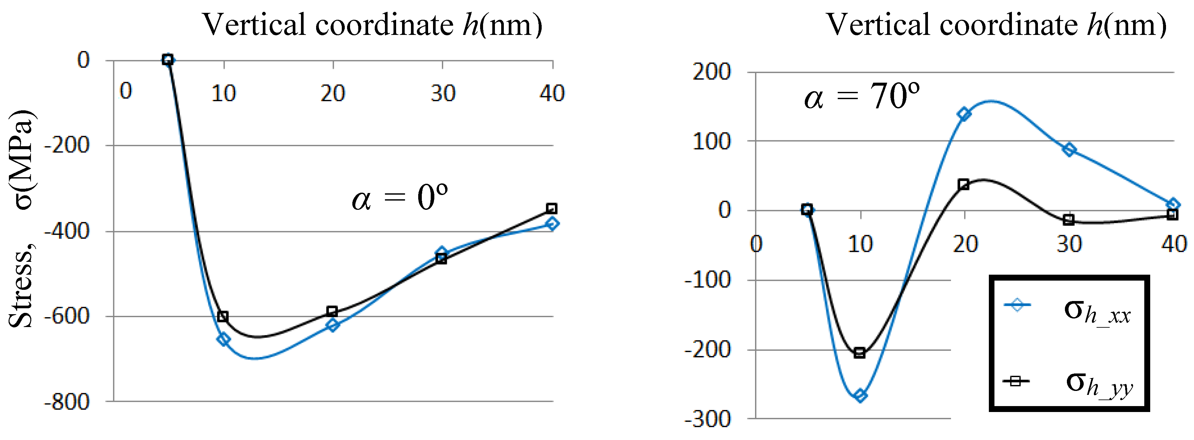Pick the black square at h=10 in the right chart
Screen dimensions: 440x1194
coord(859,353)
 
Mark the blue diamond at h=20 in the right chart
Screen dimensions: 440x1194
coord(964,114)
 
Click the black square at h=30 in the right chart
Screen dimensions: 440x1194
coord(1069,220)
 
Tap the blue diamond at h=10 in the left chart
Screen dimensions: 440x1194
coord(223,340)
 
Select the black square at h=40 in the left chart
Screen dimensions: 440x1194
coord(552,208)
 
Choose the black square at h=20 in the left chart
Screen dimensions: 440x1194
coord(332,311)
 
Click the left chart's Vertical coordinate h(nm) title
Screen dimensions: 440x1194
coord(372,25)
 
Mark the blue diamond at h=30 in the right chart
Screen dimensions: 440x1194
coord(1069,150)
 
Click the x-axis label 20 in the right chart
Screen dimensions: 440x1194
coord(965,244)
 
